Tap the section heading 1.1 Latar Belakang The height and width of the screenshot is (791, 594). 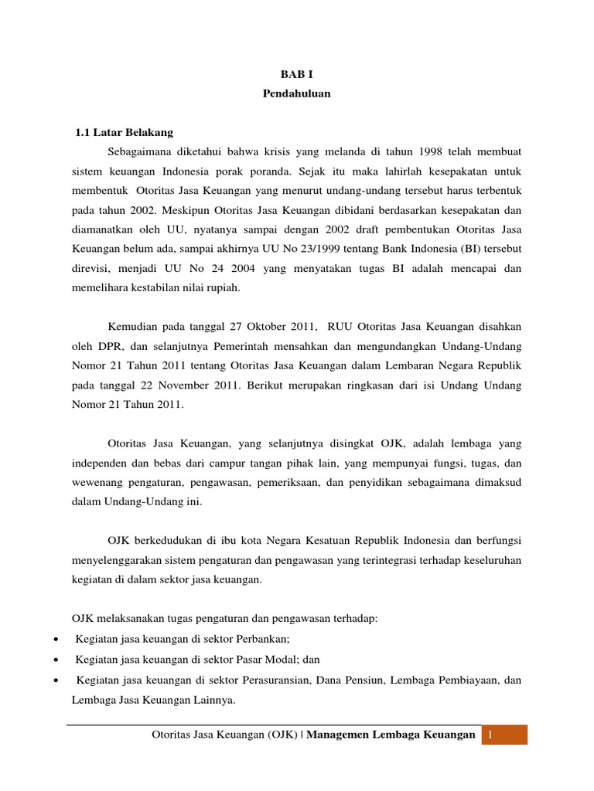pyautogui.click(x=124, y=133)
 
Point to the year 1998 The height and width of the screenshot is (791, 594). pyautogui.click(x=439, y=151)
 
